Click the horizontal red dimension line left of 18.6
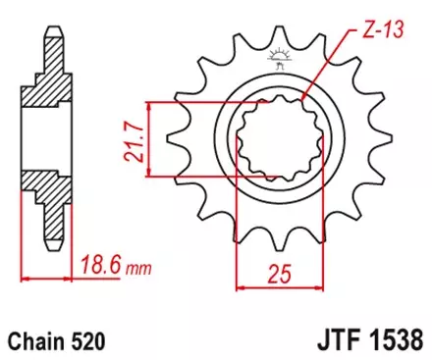[x=49, y=279]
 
